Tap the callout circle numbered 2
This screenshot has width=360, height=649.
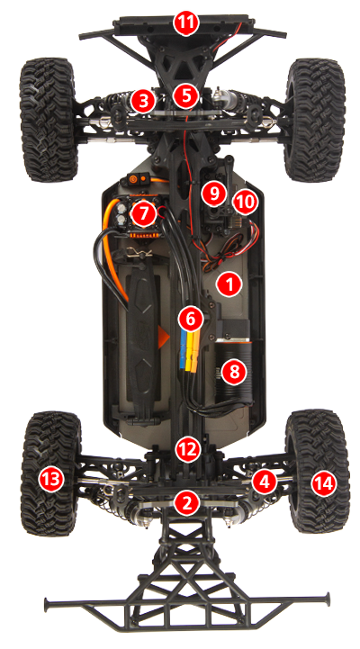186,501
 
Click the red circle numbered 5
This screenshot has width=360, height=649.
186,94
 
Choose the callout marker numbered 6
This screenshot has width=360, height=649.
190,317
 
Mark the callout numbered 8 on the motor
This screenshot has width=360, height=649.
234,370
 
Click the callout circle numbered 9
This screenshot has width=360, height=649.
213,192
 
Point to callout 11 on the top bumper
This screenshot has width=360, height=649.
185,23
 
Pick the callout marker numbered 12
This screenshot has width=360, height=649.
186,447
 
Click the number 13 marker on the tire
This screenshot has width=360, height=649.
50,480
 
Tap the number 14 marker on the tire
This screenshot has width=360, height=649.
321,483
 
